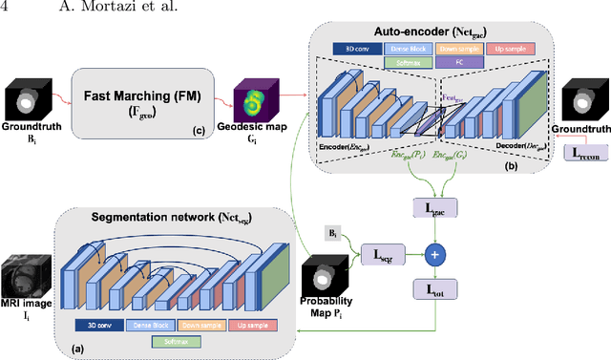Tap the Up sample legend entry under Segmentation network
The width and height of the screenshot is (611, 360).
tap(253, 325)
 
